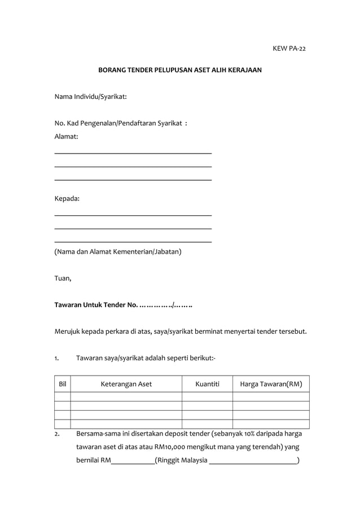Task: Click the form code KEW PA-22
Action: point(289,48)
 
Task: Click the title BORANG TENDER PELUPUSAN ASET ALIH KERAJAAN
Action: point(180,72)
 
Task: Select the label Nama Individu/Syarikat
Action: point(90,97)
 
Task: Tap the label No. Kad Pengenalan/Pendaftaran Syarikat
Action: point(121,123)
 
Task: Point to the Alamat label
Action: point(66,136)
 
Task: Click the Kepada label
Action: point(67,199)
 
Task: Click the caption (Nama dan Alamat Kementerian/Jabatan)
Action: point(117,252)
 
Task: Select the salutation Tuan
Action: point(63,277)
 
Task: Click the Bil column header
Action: point(63,385)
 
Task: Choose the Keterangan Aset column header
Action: point(126,385)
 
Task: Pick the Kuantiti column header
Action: point(207,385)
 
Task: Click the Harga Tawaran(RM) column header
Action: point(271,385)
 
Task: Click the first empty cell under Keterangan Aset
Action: point(126,396)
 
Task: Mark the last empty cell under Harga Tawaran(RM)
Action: point(271,424)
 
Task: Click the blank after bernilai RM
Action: point(133,460)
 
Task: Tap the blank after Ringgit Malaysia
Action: point(252,460)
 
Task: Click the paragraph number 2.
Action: point(57,434)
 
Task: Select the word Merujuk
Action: point(67,331)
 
